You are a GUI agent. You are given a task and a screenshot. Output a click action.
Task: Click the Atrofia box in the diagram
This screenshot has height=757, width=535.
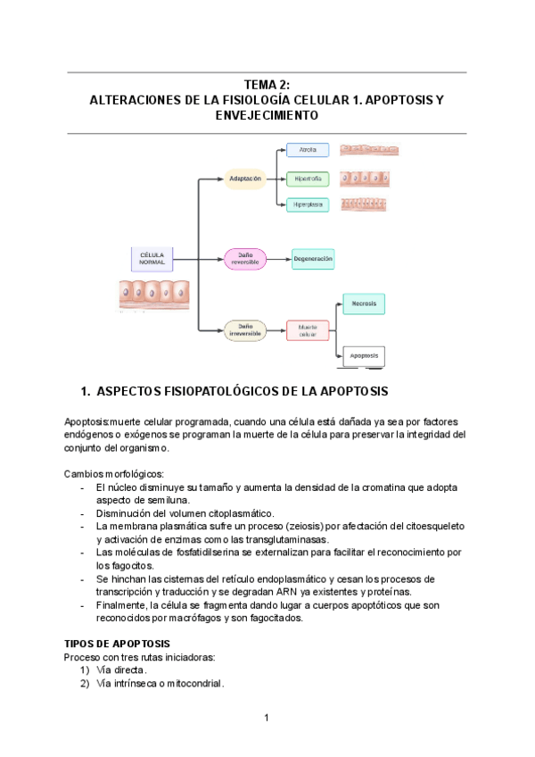[x=308, y=150]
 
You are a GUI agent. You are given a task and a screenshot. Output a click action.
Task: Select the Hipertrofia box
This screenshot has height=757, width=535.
[x=308, y=179]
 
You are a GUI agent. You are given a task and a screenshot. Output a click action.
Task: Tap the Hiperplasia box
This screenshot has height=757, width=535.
[x=308, y=204]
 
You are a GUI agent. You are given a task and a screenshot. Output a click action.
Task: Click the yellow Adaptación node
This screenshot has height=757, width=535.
[x=245, y=179]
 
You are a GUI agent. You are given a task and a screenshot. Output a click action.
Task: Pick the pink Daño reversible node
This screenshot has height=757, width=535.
[x=245, y=259]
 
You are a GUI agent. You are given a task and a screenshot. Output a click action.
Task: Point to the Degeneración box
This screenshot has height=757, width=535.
[x=313, y=259]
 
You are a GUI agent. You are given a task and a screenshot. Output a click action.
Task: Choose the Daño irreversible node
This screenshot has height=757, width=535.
[x=245, y=329]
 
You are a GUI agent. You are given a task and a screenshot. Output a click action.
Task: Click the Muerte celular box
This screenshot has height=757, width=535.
[x=308, y=329]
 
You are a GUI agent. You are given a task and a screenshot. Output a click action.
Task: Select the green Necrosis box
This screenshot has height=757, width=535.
[x=364, y=304]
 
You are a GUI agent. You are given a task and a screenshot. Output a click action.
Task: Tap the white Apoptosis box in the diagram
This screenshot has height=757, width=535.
[x=364, y=355]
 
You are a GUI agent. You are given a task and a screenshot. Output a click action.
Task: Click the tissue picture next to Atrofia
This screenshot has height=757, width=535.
[x=369, y=150]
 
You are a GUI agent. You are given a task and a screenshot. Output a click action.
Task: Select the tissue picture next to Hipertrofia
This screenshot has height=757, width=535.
[x=369, y=179]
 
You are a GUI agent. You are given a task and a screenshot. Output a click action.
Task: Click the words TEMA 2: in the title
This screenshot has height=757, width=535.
[x=267, y=84]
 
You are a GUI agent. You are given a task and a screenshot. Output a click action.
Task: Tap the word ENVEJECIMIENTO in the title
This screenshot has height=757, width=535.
[x=267, y=116]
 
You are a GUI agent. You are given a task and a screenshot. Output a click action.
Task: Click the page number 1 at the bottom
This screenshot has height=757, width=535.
[x=267, y=718]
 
